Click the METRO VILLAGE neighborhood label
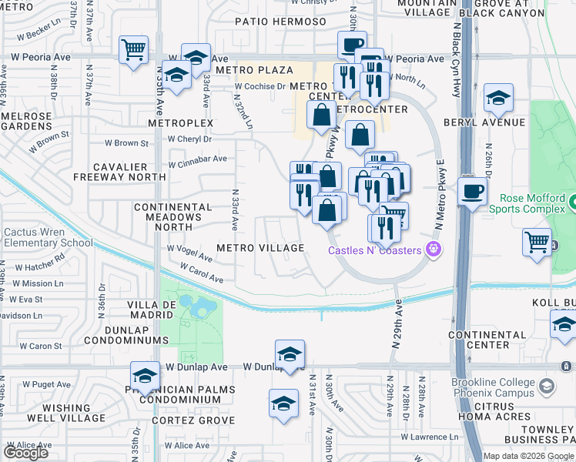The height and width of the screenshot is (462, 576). (260, 248)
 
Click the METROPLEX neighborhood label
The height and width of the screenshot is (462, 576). (180, 123)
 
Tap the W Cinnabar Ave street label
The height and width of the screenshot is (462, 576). (198, 159)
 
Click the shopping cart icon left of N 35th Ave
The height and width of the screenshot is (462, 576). (133, 51)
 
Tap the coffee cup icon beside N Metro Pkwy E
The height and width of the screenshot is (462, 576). (471, 191)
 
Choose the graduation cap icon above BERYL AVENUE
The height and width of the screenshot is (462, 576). (498, 99)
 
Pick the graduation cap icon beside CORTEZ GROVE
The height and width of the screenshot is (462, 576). (283, 403)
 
